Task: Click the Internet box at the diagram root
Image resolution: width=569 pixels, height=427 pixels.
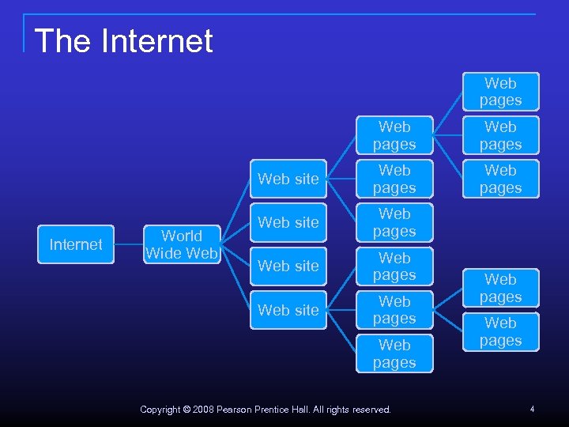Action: click(75, 244)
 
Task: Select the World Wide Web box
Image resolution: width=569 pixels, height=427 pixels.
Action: click(182, 244)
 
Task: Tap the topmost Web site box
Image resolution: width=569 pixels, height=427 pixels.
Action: click(288, 179)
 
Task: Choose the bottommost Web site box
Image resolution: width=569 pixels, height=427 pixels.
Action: click(288, 310)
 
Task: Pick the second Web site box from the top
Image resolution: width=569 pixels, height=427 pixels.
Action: click(288, 222)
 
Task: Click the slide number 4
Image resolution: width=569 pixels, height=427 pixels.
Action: click(532, 409)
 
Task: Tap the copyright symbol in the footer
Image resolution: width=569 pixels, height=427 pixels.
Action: click(187, 410)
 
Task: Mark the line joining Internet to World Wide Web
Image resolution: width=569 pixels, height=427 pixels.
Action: click(128, 244)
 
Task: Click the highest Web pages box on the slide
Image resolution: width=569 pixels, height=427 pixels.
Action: click(500, 92)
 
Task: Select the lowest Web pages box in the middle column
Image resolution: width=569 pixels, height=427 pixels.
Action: click(394, 353)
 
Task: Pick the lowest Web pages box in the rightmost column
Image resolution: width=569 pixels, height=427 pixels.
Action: click(500, 332)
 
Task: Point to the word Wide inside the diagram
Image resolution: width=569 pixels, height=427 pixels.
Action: click(162, 253)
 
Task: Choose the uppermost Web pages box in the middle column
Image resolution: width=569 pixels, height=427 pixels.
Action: click(394, 135)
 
